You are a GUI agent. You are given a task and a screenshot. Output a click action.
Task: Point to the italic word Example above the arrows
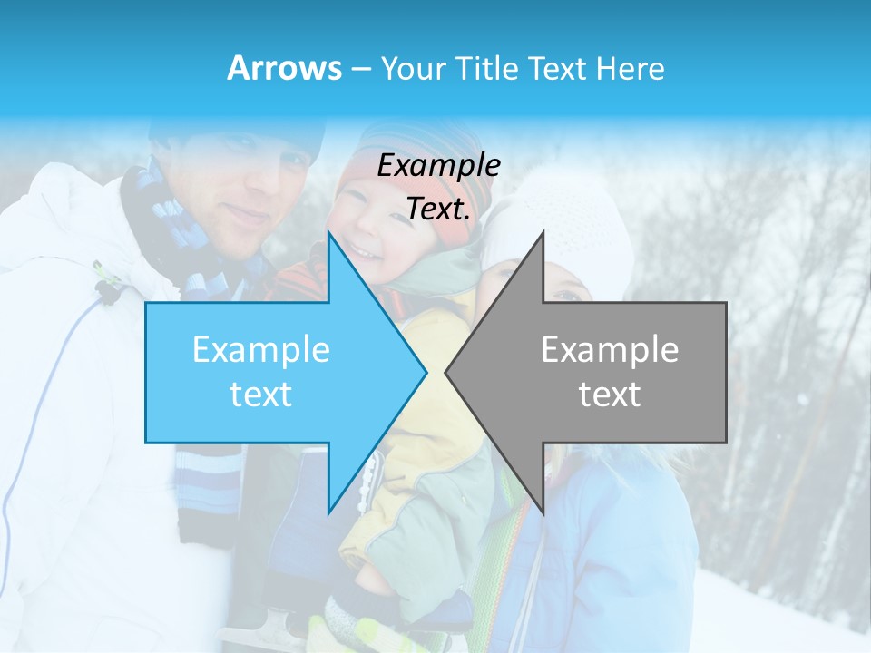[x=438, y=165]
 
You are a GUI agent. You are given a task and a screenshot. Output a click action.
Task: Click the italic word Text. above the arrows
[x=438, y=209]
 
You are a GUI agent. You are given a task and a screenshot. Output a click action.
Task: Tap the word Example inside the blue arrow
[x=261, y=349]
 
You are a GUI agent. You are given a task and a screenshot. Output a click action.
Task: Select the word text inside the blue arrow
[x=261, y=394]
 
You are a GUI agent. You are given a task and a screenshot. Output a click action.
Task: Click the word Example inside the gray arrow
[x=610, y=349]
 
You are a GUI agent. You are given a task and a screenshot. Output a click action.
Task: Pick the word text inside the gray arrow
[x=610, y=394]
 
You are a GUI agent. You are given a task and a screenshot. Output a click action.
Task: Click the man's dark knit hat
[x=236, y=136]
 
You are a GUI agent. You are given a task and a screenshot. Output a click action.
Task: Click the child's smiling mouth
[x=367, y=251]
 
